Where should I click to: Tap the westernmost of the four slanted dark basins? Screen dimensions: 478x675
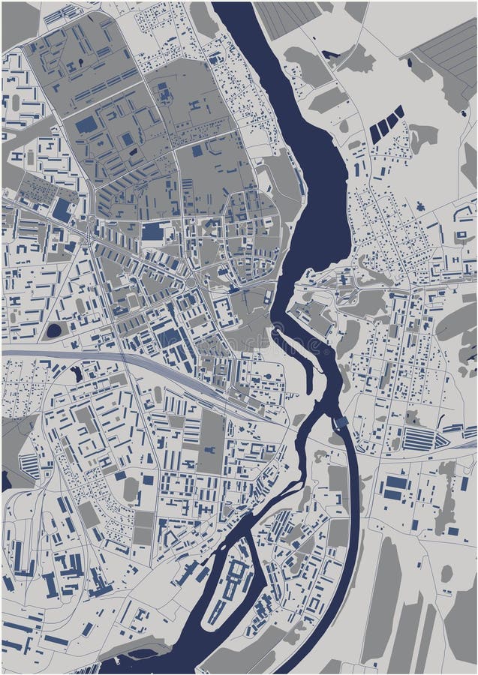pyautogui.click(x=374, y=133)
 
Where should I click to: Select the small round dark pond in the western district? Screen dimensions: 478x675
pyautogui.click(x=53, y=330)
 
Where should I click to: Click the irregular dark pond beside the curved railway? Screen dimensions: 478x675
pyautogui.click(x=76, y=373)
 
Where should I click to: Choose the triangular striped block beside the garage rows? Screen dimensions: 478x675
pyautogui.click(x=28, y=466)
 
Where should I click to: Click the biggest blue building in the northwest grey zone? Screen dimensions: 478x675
pyautogui.click(x=86, y=124)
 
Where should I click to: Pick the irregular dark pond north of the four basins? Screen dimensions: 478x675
pyautogui.click(x=331, y=54)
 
